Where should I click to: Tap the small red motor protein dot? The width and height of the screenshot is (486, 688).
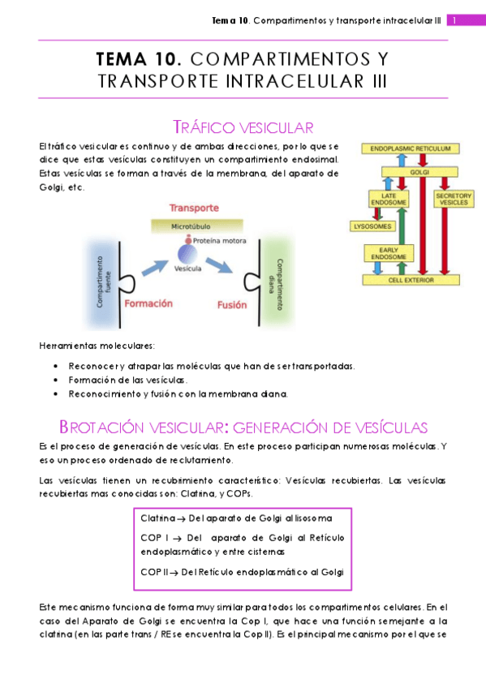click(187, 241)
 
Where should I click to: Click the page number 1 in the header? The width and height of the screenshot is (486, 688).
click(456, 20)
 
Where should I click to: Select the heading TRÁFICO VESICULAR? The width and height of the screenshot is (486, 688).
click(243, 127)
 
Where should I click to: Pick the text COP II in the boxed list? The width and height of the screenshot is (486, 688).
click(154, 572)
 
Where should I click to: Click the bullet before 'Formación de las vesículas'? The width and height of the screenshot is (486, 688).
click(55, 380)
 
